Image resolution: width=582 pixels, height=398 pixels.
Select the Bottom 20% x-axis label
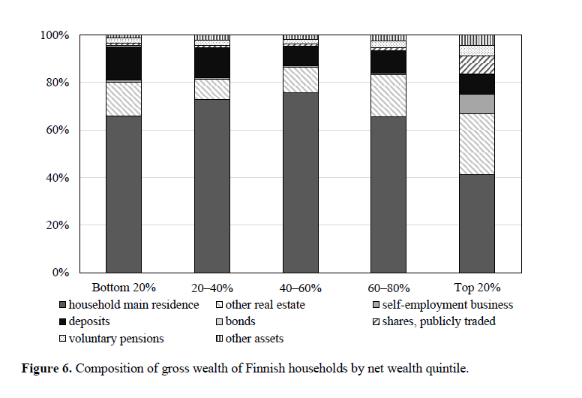(124, 288)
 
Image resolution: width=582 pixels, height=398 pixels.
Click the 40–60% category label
(301, 288)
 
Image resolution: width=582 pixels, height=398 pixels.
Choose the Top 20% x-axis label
(477, 288)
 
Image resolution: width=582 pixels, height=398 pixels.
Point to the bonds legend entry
(239, 321)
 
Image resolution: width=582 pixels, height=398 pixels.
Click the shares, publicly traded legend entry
(439, 321)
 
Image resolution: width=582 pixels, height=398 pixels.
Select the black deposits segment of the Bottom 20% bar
(124, 63)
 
